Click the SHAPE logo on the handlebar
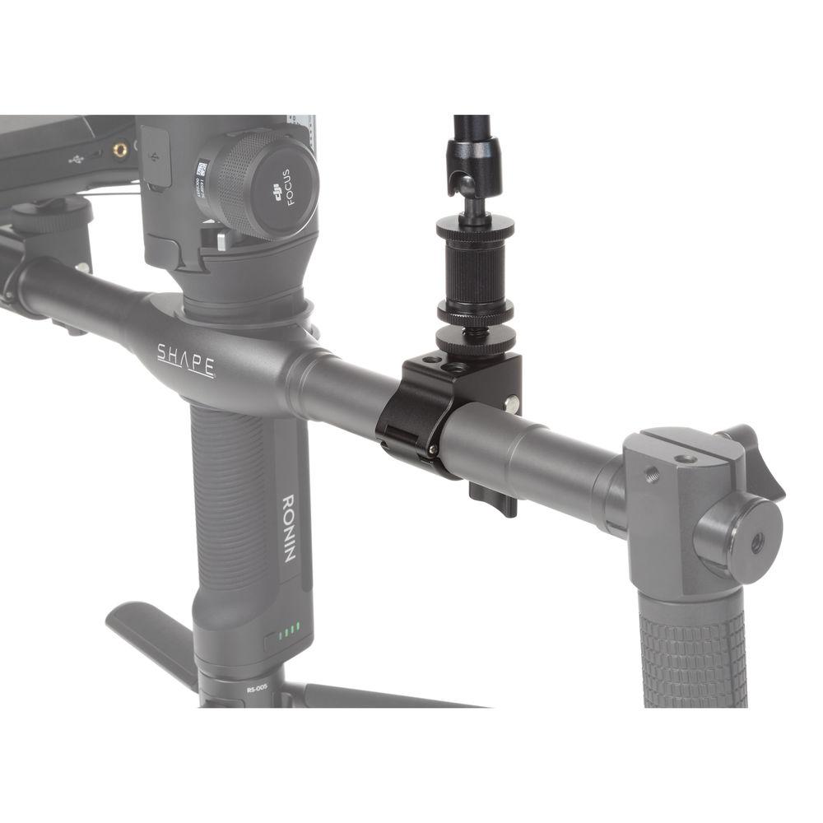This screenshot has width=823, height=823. (x=186, y=360)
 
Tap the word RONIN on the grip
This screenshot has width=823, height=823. (x=289, y=527)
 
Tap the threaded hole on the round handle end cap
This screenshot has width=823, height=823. (x=756, y=542)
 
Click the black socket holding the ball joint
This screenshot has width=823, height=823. (x=472, y=160)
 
